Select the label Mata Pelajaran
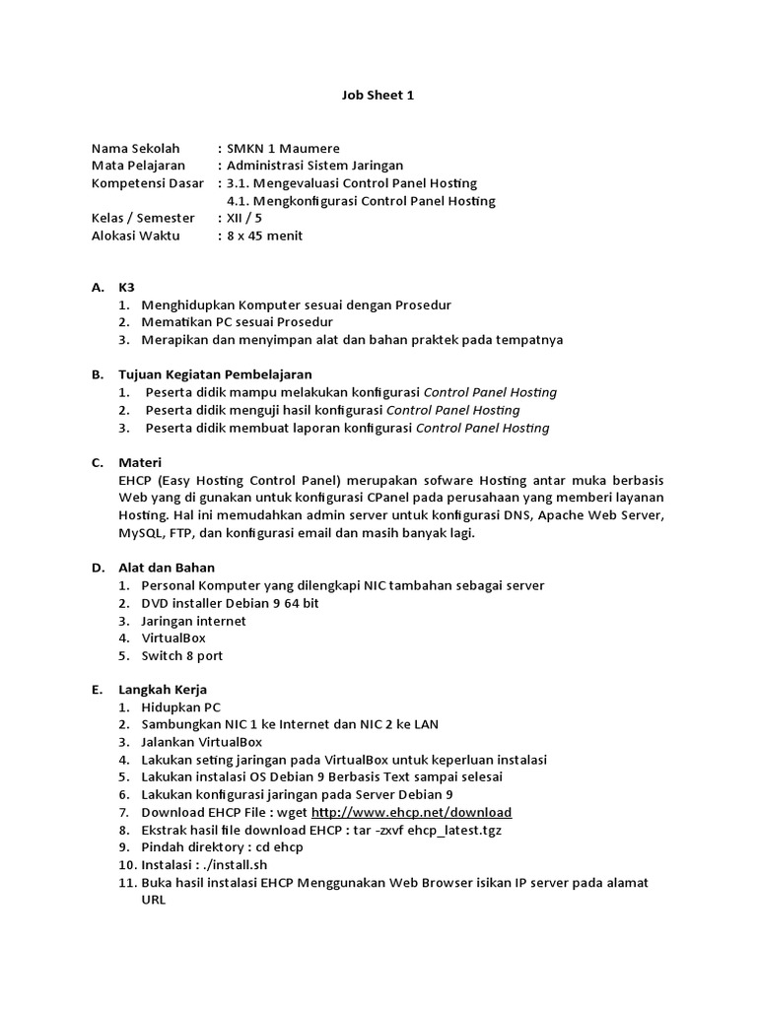(138, 166)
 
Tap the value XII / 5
(245, 218)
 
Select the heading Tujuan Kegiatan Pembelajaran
(215, 374)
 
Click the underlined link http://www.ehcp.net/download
(411, 813)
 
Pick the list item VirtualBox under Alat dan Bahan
(173, 639)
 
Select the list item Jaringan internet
(193, 621)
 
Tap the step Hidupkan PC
(181, 707)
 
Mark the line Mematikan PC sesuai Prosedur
(237, 322)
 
